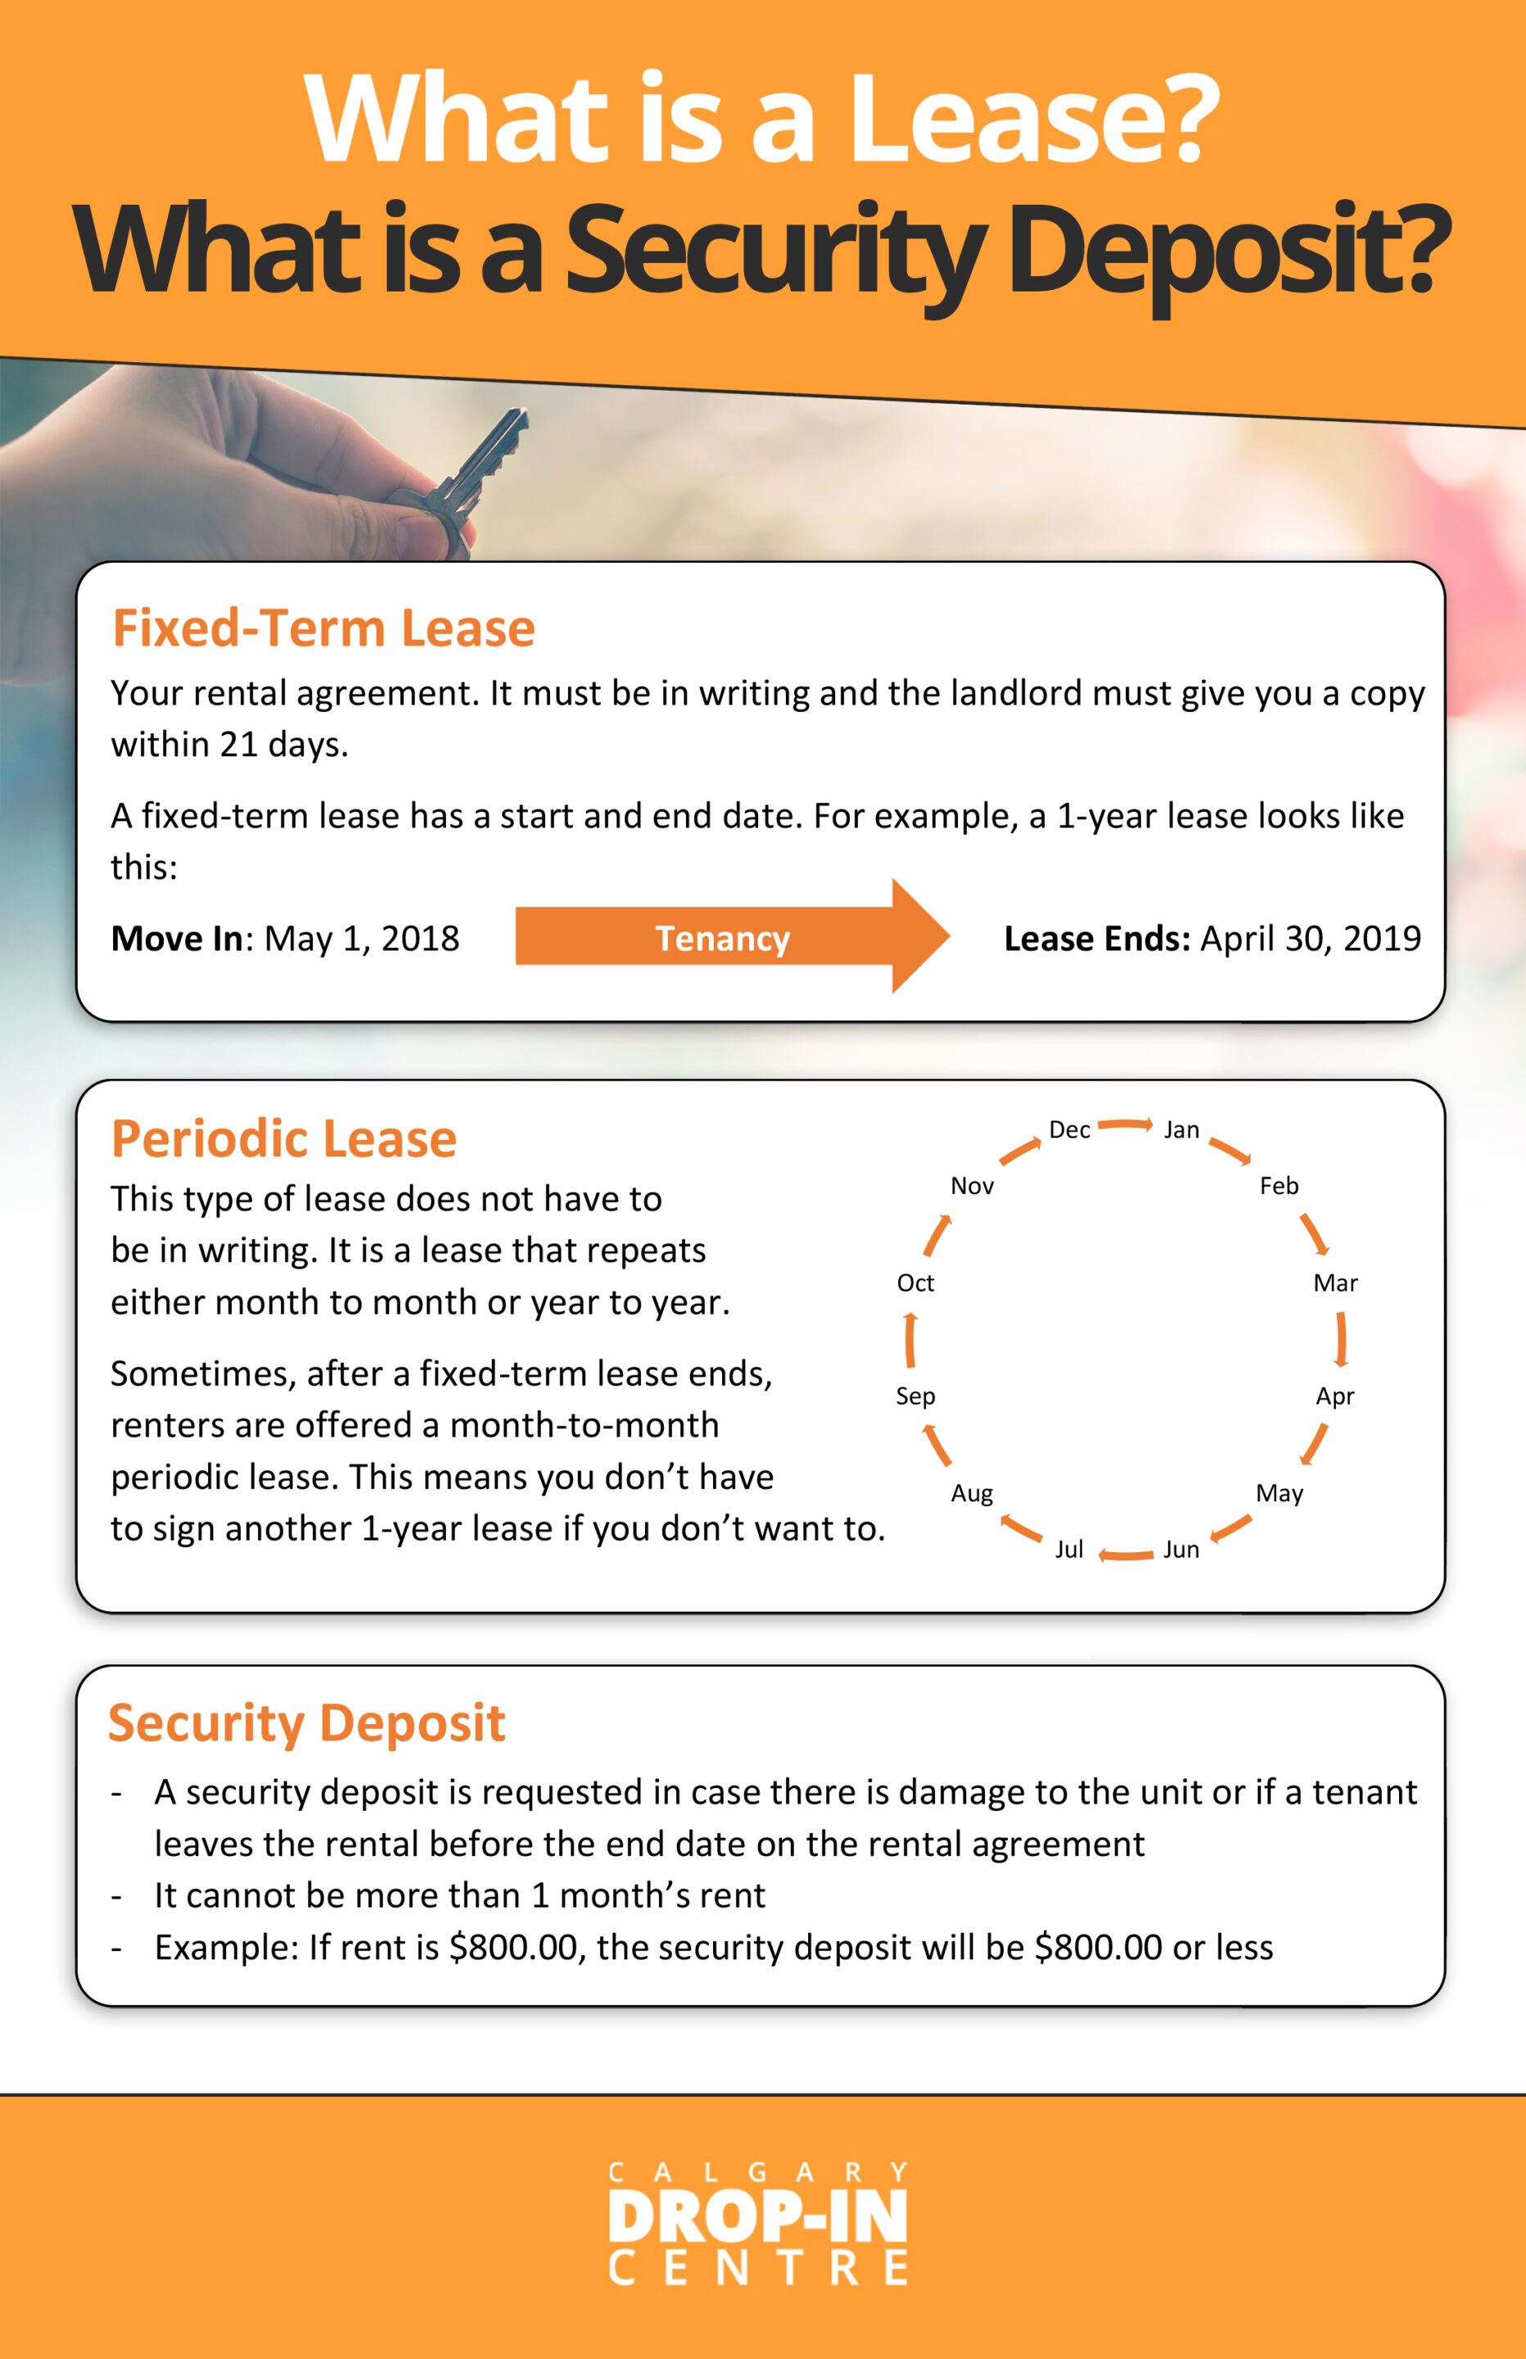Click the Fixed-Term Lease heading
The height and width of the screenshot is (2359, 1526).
(x=323, y=628)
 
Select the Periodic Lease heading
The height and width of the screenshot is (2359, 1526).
(x=283, y=1139)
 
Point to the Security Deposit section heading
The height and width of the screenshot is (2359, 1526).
(x=306, y=1723)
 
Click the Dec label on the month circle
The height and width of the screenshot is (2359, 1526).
(x=1069, y=1130)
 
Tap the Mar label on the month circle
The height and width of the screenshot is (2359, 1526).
(x=1334, y=1283)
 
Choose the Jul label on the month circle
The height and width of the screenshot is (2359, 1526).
(x=1068, y=1549)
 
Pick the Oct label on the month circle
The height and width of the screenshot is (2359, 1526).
(x=914, y=1283)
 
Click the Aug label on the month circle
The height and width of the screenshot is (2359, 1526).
(x=971, y=1492)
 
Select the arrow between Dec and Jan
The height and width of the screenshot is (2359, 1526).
(x=1126, y=1124)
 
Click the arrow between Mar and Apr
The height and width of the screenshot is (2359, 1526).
(x=1341, y=1339)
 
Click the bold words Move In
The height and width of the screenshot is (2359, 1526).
(x=176, y=938)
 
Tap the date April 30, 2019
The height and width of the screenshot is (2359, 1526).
(x=1310, y=938)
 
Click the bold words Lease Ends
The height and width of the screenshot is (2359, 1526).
(x=1096, y=938)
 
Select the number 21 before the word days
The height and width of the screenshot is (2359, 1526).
(x=239, y=745)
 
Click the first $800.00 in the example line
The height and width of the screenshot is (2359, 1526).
(x=512, y=1947)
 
